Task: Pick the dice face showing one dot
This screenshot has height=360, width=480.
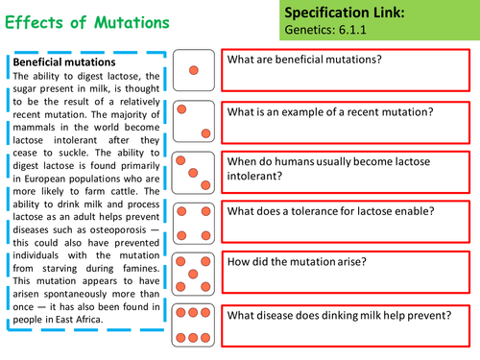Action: (194, 71)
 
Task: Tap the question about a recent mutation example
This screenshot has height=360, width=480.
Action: (330, 111)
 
